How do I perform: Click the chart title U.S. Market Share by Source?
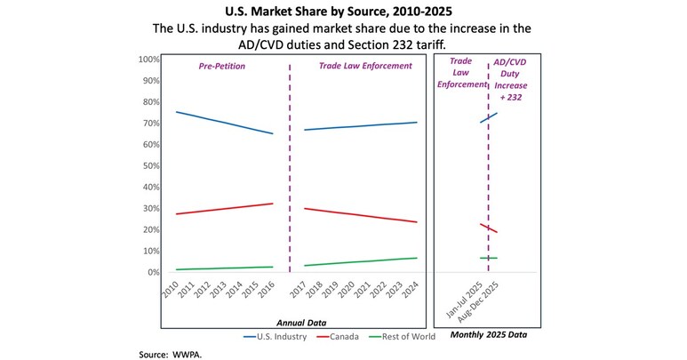342,12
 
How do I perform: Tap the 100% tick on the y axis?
149,60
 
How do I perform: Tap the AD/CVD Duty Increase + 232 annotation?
510,85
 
